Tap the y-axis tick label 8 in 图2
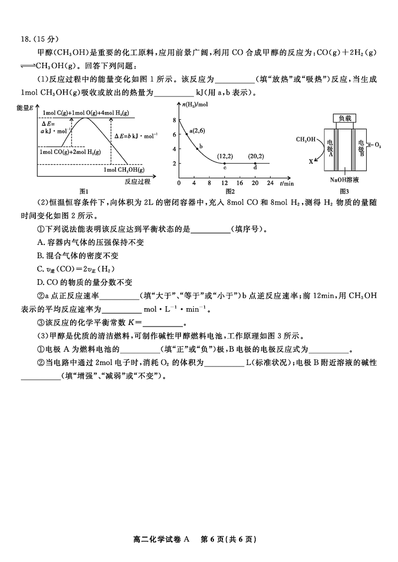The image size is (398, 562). point(175,120)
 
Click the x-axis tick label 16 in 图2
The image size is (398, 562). point(240,183)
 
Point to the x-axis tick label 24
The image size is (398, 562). point(270,183)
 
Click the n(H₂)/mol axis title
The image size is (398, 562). point(195,105)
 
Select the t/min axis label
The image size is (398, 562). point(287,183)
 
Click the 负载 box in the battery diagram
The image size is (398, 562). point(345,118)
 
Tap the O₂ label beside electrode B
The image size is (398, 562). point(378,145)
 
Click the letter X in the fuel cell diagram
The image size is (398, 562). point(311,162)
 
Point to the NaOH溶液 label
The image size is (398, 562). point(344,180)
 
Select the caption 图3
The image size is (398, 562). point(344,191)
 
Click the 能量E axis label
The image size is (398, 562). point(25,108)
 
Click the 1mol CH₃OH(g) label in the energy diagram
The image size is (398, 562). point(124,170)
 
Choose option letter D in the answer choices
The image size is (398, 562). point(40,282)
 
